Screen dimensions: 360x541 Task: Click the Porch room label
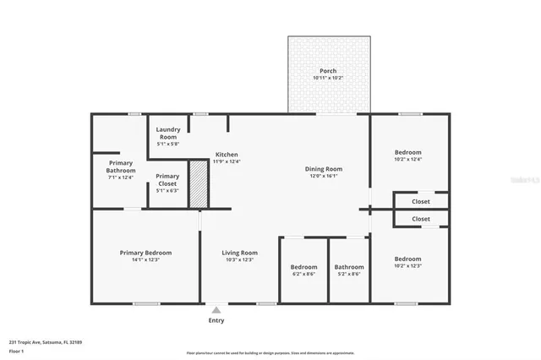[328, 74]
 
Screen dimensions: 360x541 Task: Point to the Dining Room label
[324, 172]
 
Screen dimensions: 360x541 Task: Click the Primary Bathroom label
[121, 169]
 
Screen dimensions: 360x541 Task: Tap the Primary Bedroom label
[145, 256]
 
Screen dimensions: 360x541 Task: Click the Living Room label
[239, 256]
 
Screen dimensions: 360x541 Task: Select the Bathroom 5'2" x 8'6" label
[348, 270]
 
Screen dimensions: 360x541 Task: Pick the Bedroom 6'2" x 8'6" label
[304, 270]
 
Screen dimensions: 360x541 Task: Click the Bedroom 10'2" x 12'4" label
[407, 155]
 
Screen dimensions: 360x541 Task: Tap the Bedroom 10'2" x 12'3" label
[407, 262]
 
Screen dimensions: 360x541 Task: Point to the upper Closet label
[420, 202]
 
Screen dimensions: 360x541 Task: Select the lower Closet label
[420, 219]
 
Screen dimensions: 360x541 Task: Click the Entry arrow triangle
[216, 309]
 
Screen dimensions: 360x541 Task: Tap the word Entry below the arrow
[216, 321]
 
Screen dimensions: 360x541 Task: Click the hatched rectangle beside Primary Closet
[196, 184]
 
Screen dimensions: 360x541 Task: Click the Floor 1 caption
[16, 351]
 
